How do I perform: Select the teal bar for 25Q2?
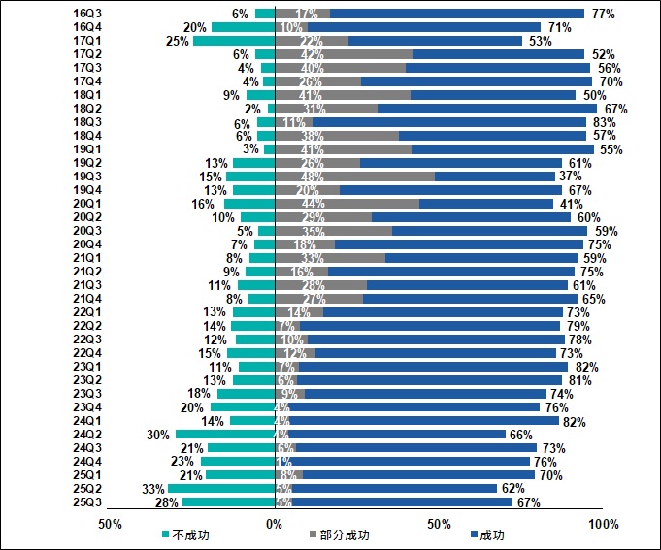tap(221, 489)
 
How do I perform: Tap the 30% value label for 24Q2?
tap(158, 435)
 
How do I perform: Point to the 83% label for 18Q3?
tap(604, 122)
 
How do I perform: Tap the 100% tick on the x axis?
tap(603, 524)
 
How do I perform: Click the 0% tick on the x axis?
tap(275, 524)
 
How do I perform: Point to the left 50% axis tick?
tap(110, 524)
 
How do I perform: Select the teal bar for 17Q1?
tap(234, 41)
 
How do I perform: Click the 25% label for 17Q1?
tap(177, 41)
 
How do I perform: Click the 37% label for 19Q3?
tap(570, 177)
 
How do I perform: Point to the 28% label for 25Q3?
tap(166, 502)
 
